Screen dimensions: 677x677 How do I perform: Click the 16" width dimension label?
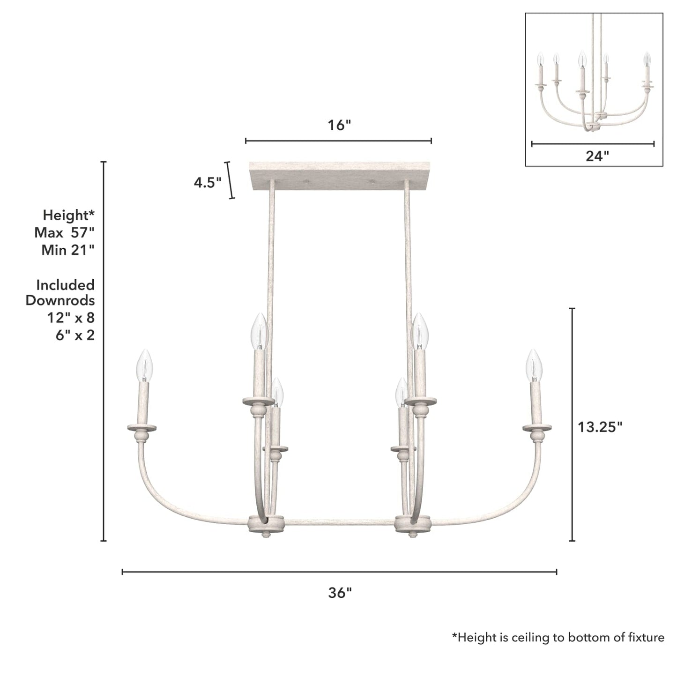tap(339, 126)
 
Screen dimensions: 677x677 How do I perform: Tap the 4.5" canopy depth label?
tap(208, 182)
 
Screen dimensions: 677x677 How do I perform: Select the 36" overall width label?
tap(340, 593)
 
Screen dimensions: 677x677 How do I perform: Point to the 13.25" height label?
tap(600, 427)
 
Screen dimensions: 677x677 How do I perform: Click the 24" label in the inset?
tap(597, 156)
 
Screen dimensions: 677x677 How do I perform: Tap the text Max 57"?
tap(64, 232)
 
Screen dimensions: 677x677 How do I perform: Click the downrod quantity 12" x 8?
tap(70, 318)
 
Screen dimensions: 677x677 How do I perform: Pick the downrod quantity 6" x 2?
tap(74, 335)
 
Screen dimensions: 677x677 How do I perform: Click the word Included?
tap(65, 285)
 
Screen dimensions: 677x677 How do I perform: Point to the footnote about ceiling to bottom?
tap(558, 637)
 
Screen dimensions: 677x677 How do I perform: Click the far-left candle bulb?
tap(145, 365)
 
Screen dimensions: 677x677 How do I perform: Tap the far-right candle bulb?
tap(534, 365)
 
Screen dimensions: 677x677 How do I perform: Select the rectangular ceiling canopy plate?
tap(340, 176)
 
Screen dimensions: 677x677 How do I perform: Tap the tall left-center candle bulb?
tap(259, 331)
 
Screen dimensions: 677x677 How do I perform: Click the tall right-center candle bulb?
tap(420, 331)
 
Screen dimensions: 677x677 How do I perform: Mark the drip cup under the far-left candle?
tap(142, 428)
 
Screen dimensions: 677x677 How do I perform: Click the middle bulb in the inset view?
tap(582, 60)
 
